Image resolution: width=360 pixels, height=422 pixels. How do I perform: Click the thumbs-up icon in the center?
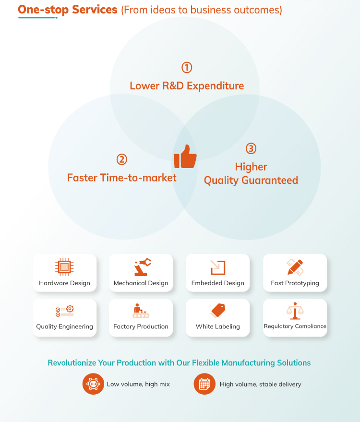click(x=185, y=157)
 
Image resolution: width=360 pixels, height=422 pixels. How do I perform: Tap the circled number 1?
click(x=187, y=68)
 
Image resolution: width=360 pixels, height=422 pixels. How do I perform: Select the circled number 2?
click(x=121, y=159)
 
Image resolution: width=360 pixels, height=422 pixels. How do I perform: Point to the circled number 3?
click(x=251, y=148)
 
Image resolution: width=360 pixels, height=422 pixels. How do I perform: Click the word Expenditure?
click(x=215, y=86)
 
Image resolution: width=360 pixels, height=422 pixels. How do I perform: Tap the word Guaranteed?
click(x=270, y=180)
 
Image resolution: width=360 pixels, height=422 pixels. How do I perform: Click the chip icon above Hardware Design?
click(x=64, y=267)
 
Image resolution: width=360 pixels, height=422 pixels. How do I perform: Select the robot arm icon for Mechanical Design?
click(x=143, y=267)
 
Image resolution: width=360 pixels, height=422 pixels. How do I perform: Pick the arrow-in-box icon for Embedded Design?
click(x=217, y=267)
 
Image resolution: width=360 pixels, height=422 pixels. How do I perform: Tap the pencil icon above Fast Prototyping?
click(x=295, y=267)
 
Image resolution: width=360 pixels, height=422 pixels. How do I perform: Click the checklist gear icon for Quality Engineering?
click(x=65, y=311)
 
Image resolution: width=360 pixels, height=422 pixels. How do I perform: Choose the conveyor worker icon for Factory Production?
click(x=141, y=311)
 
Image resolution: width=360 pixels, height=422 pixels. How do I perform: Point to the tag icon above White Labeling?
click(x=217, y=311)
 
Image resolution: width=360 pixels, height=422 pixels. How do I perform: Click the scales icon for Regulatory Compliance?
click(x=295, y=311)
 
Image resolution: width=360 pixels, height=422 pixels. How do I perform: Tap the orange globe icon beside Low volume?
click(x=93, y=384)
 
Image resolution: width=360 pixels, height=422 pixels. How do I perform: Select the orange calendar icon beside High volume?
click(x=204, y=384)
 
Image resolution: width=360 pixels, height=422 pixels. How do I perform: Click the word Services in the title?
click(x=95, y=10)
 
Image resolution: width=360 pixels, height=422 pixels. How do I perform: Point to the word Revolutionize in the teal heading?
click(x=72, y=363)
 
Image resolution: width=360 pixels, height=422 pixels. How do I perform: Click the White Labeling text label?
click(x=217, y=326)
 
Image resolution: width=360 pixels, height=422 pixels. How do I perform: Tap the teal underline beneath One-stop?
click(x=37, y=18)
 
